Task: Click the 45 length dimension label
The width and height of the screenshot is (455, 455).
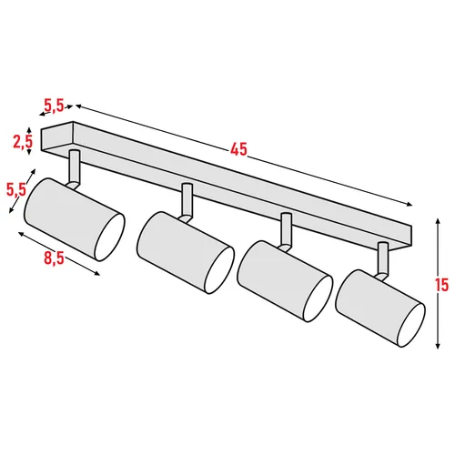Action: point(238,149)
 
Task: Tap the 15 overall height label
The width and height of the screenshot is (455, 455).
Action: point(442,285)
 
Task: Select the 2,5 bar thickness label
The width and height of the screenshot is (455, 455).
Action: point(23,141)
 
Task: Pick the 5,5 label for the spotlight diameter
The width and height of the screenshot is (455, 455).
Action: point(15,189)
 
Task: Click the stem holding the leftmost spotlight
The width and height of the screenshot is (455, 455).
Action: point(75,166)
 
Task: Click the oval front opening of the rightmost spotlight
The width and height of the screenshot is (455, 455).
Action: point(406,322)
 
